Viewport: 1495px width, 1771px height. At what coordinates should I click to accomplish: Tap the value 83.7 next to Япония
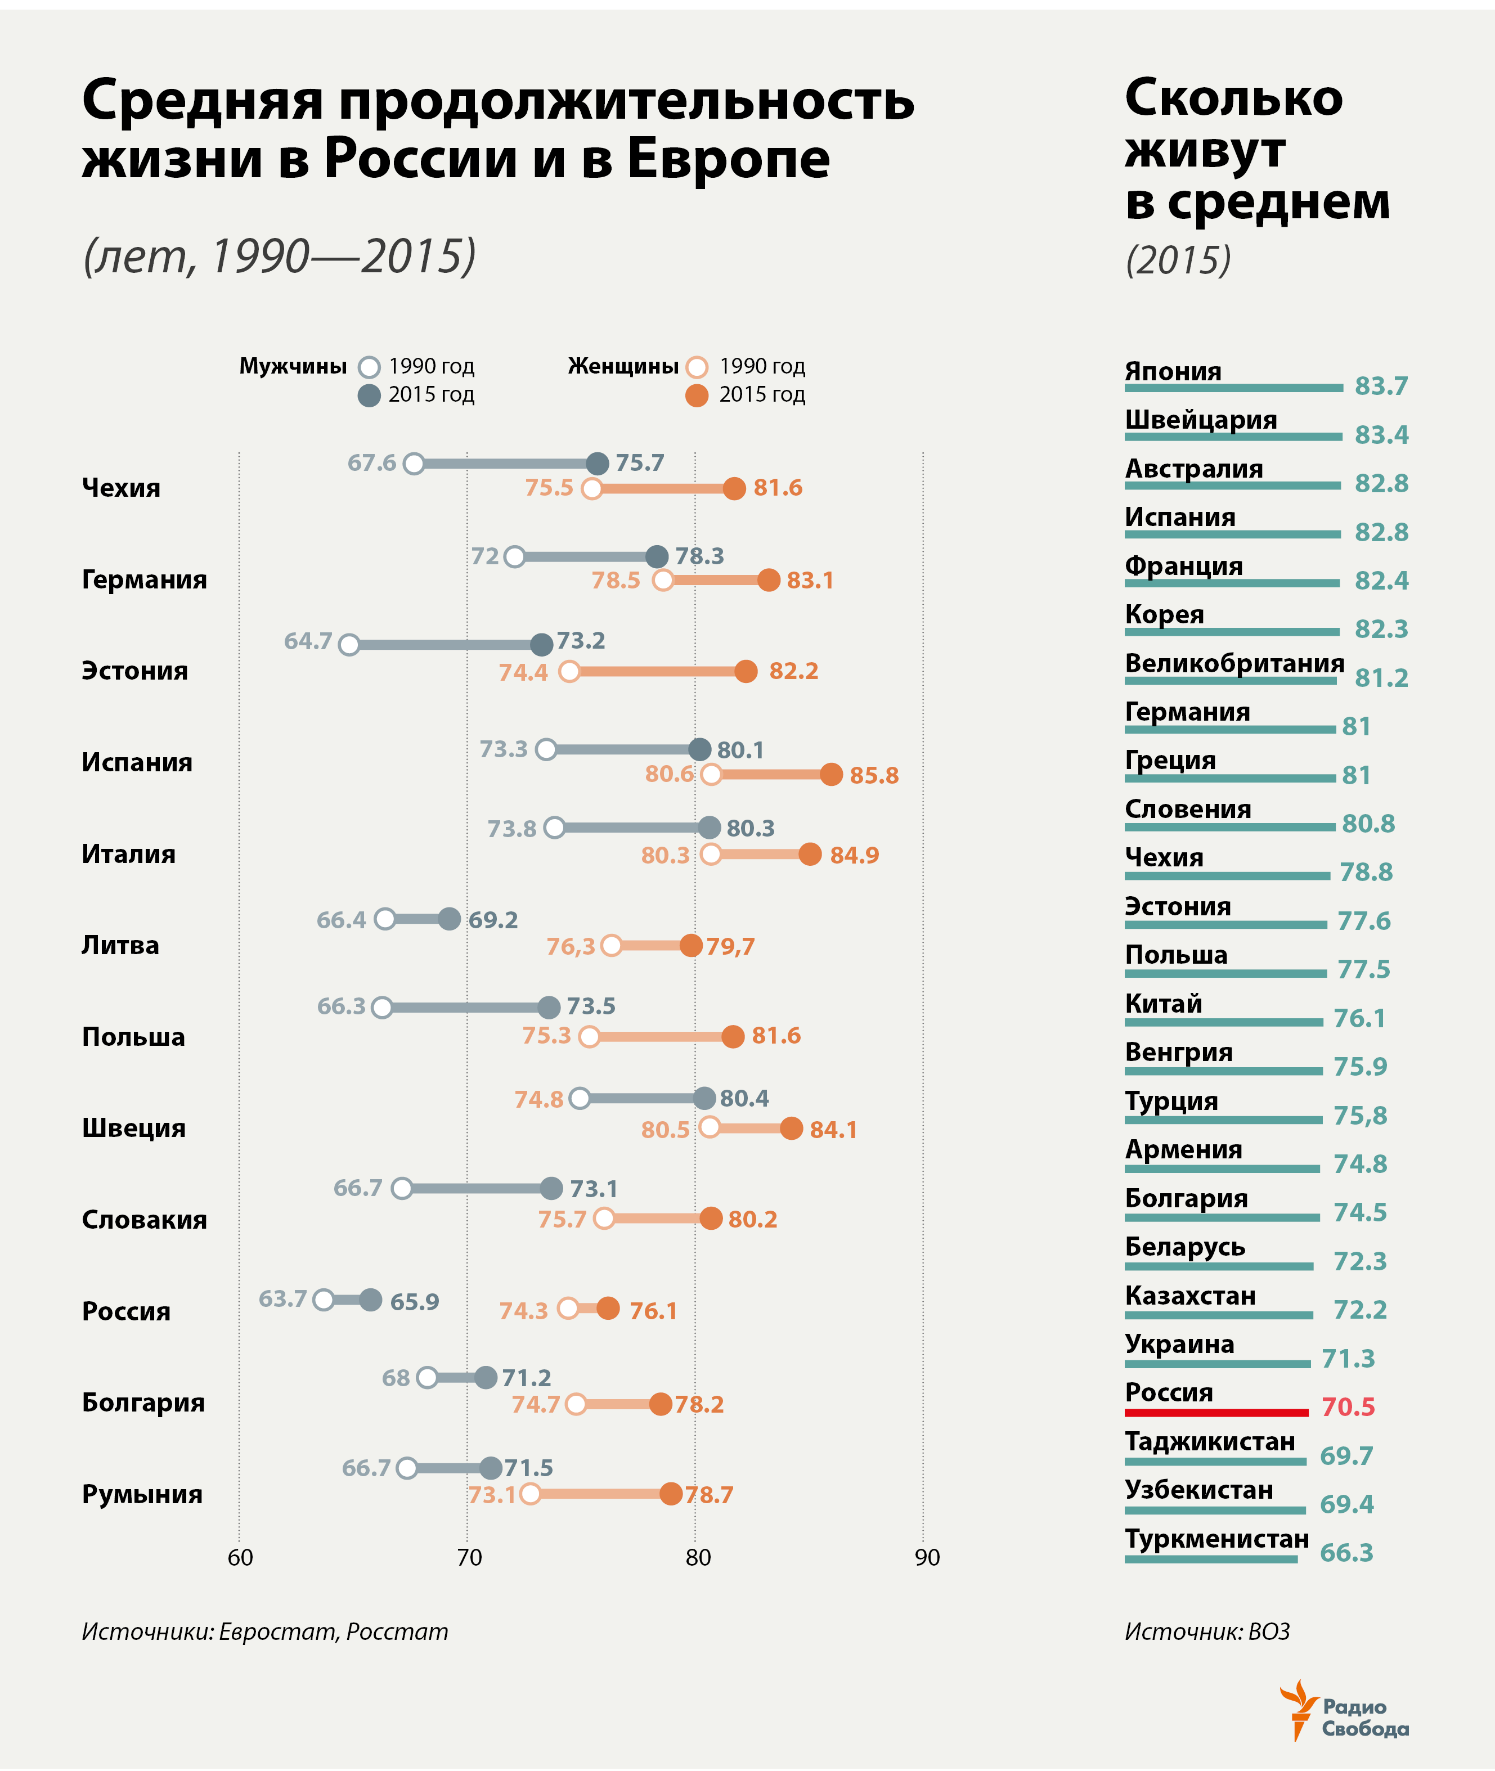click(x=1381, y=386)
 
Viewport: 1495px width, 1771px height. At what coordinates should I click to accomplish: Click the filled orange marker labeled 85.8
click(x=832, y=775)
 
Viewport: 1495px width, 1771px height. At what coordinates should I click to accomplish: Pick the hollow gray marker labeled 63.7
click(x=323, y=1300)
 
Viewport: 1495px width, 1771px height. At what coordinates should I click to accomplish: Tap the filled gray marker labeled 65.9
click(x=370, y=1300)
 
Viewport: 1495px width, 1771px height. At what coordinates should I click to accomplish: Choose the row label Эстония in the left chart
click(x=134, y=671)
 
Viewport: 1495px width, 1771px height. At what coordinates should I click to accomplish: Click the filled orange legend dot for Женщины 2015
click(x=697, y=395)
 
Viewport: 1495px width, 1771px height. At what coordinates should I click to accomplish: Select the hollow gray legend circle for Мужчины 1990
click(x=369, y=367)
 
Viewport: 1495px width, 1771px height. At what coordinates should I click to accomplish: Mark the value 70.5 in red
click(x=1348, y=1408)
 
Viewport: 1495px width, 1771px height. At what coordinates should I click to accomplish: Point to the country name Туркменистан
click(x=1216, y=1539)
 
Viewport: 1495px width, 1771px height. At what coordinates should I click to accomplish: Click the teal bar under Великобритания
click(x=1230, y=680)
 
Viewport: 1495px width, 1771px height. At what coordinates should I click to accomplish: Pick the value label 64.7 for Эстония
click(x=308, y=641)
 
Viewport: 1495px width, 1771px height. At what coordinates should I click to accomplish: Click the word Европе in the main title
click(x=728, y=159)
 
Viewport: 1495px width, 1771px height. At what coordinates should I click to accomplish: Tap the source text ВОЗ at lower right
click(x=1269, y=1632)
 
